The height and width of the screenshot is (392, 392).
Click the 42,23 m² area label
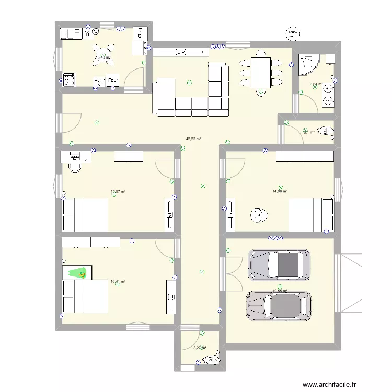[193, 139]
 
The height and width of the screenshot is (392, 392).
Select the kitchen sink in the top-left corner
[70, 34]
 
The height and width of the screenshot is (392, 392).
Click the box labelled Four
[113, 80]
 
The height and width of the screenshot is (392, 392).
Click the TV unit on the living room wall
[180, 52]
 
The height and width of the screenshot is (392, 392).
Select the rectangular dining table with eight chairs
[260, 73]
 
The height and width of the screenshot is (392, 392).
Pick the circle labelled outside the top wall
[292, 33]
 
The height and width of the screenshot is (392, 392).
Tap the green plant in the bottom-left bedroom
[79, 272]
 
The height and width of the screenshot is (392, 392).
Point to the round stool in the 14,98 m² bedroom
[257, 215]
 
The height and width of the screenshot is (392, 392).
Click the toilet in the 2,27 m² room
[211, 360]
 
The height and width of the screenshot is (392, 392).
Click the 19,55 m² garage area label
[280, 291]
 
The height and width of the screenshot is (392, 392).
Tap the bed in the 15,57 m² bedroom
[85, 215]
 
